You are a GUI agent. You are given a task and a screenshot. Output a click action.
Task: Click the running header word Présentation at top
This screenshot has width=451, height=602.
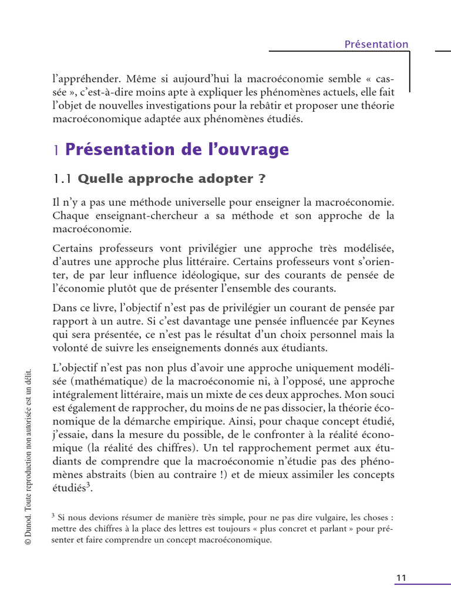pos(376,44)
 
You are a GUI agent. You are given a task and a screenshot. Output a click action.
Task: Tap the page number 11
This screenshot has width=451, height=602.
pos(401,578)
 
